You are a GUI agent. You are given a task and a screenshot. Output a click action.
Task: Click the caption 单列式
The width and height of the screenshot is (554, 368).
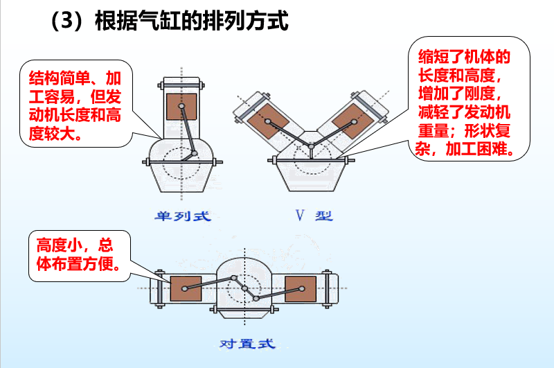click(x=181, y=216)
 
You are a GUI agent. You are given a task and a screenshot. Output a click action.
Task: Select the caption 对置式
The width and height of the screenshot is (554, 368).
click(x=247, y=343)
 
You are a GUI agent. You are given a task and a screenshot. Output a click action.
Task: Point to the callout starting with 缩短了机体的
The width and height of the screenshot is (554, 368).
click(x=468, y=102)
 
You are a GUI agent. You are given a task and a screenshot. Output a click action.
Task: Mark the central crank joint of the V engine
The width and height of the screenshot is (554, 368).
click(x=311, y=145)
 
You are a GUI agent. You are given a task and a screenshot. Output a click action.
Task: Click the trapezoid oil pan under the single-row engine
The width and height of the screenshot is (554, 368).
click(x=181, y=179)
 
